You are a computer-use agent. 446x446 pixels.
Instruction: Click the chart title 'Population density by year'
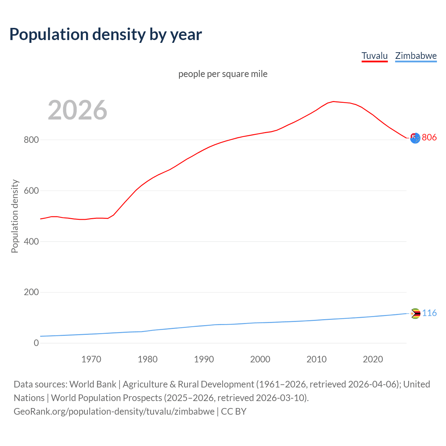click(106, 34)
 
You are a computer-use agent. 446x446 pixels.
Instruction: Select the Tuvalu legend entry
click(375, 56)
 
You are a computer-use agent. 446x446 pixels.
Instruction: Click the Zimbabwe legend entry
click(416, 56)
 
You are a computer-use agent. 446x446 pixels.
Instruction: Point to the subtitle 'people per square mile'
click(223, 74)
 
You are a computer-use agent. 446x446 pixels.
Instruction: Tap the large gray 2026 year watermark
click(77, 110)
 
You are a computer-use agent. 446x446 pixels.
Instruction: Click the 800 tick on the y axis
click(31, 140)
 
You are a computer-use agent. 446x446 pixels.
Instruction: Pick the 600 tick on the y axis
click(31, 191)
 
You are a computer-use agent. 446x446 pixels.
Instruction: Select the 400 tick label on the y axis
click(31, 241)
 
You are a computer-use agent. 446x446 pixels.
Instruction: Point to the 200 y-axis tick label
click(31, 292)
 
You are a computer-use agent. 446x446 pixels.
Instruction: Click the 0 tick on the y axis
click(36, 343)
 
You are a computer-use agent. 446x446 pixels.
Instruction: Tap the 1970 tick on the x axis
click(91, 359)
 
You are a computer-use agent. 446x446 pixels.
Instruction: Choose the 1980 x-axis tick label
click(147, 359)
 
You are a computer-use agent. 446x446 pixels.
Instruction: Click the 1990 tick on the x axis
click(204, 359)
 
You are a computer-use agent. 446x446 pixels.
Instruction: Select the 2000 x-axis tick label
click(260, 359)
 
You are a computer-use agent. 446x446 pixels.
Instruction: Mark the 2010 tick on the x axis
click(316, 359)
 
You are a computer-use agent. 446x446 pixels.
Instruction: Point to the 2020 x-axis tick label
click(373, 359)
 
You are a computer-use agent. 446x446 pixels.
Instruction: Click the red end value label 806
click(429, 138)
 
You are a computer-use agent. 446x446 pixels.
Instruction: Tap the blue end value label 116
click(429, 313)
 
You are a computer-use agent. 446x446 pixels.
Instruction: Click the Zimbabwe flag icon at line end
click(415, 314)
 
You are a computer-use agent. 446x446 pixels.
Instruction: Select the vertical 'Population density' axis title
click(15, 216)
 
